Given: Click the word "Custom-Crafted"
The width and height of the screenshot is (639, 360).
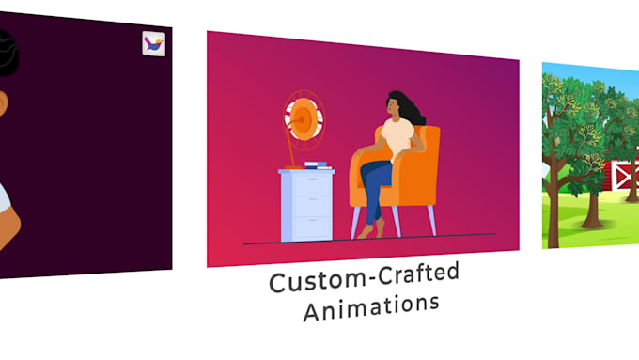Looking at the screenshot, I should pyautogui.click(x=364, y=278).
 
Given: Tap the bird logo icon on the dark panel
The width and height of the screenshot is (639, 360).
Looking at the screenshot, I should pyautogui.click(x=152, y=43).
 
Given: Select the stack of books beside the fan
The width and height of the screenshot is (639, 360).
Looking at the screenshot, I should pyautogui.click(x=317, y=166).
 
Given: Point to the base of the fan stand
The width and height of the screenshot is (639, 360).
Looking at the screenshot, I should pyautogui.click(x=294, y=167).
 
